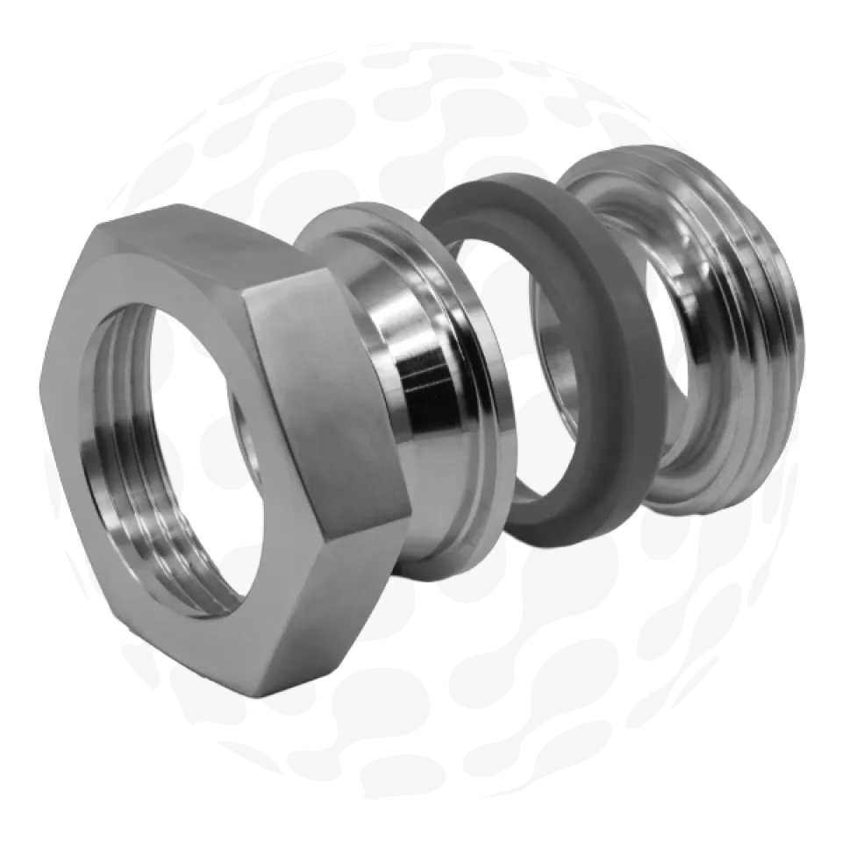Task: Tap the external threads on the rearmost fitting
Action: pos(772,289)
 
